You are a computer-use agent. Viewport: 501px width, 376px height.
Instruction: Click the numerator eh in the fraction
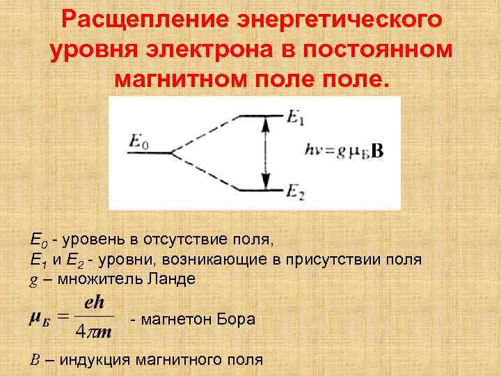(x=94, y=304)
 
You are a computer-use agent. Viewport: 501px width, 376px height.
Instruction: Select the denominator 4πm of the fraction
(x=94, y=331)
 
